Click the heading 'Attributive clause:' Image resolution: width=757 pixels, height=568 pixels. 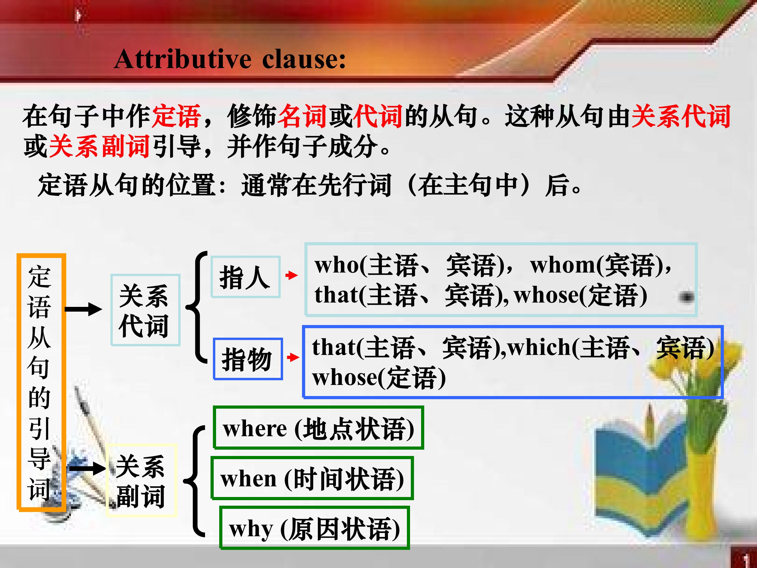tap(230, 59)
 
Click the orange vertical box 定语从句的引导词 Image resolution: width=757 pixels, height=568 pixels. tap(41, 382)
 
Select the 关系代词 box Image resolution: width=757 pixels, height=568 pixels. tap(145, 310)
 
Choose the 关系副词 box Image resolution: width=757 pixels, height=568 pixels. tap(141, 480)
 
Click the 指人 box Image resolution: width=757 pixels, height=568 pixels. tap(245, 277)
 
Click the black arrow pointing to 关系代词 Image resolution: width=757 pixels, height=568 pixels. tap(83, 309)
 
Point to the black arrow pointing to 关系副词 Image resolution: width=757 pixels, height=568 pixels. tap(87, 468)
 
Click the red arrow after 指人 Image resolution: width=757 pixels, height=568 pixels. tap(291, 275)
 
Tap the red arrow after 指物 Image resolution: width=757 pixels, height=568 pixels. tap(293, 357)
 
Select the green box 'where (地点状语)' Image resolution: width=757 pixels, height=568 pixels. tap(318, 428)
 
